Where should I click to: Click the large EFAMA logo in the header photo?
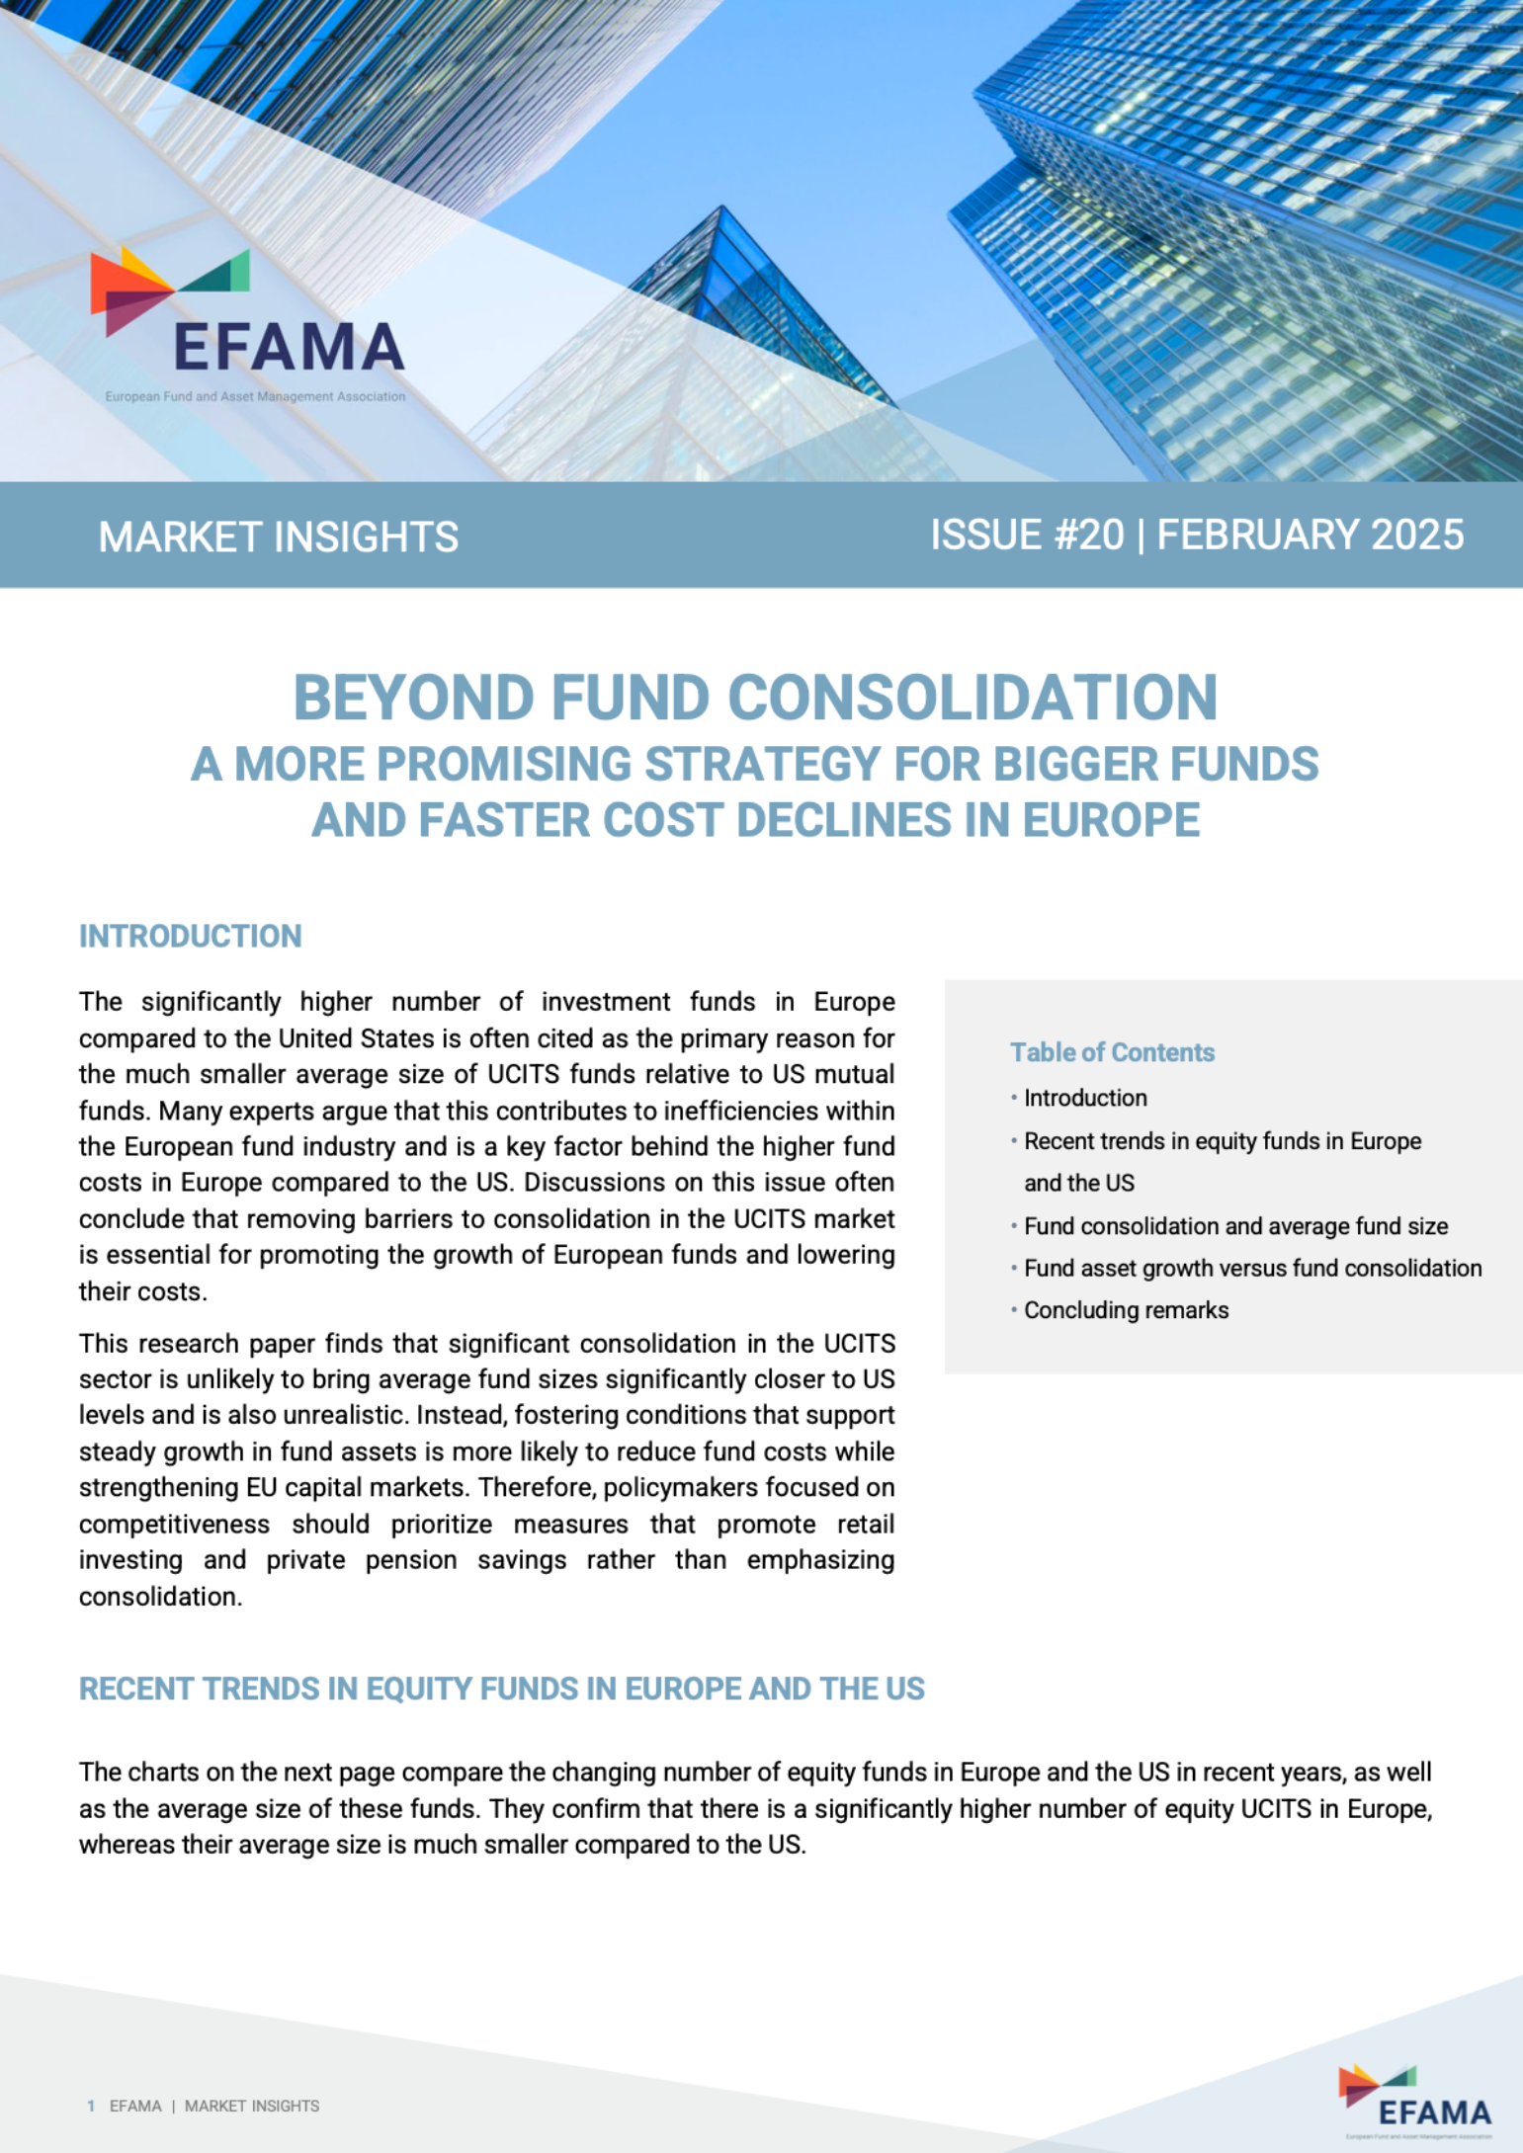coord(248,315)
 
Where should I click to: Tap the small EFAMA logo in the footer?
coord(1415,2101)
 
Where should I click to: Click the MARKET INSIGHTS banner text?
coord(278,537)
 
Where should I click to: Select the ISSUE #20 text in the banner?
coord(1027,535)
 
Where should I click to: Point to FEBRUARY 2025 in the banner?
coord(1310,535)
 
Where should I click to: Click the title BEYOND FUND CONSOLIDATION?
coord(755,698)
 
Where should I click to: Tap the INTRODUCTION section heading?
coord(190,936)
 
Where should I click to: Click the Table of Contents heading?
coord(1112,1052)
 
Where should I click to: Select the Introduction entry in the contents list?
coord(1085,1098)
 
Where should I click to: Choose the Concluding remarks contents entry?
coord(1126,1310)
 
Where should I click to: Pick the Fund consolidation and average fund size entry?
coord(1235,1226)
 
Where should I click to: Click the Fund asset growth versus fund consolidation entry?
coord(1252,1268)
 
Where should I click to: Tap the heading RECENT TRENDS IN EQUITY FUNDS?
coord(501,1689)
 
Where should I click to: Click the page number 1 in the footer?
coord(91,2106)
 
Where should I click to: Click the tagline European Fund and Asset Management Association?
coord(255,396)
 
